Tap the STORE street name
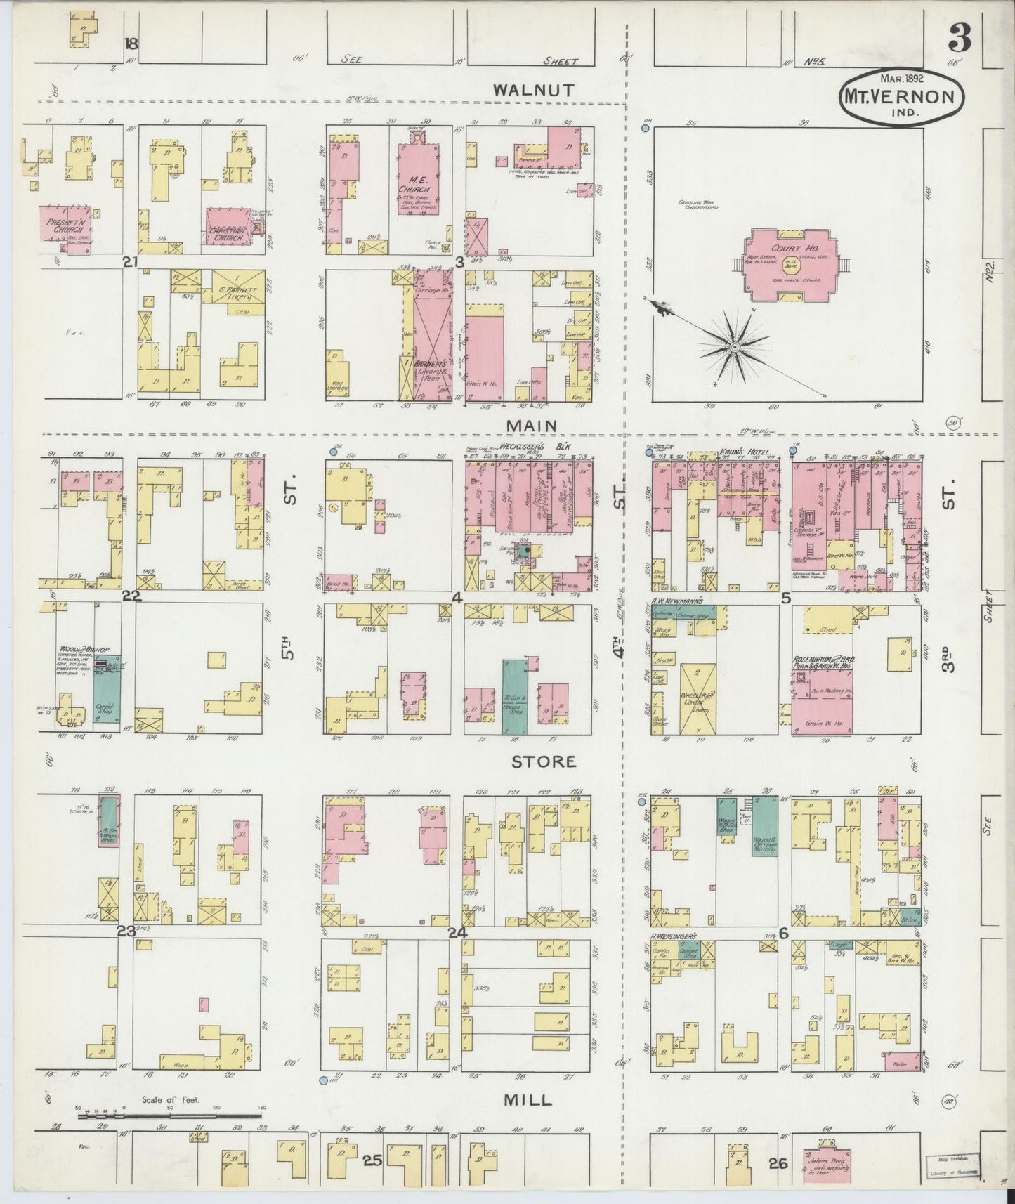543,761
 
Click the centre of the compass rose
734,347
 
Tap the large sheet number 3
959,41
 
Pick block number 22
131,597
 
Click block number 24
457,934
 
